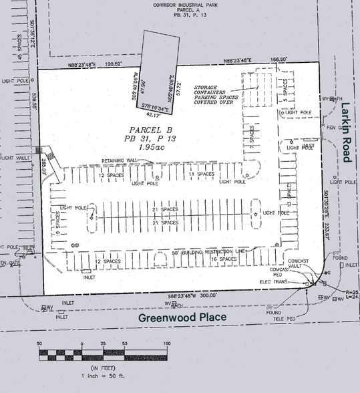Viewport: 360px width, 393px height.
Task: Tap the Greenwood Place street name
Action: tap(182, 317)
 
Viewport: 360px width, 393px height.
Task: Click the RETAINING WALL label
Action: tap(118, 161)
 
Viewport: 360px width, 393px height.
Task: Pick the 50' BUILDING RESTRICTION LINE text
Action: tap(207, 253)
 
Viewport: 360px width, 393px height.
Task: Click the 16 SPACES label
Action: tap(224, 259)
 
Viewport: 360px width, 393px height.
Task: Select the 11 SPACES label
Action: tap(200, 174)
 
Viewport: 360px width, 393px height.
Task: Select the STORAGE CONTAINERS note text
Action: tap(214, 95)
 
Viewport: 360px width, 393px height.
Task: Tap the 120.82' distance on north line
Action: tap(114, 64)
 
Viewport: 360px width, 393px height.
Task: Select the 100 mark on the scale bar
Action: tap(166, 343)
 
